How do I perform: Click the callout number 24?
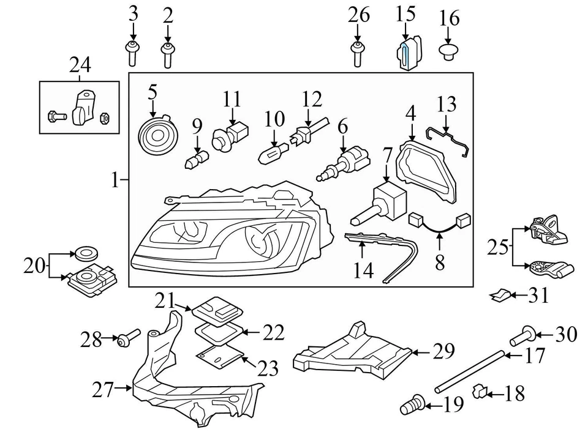[80, 65]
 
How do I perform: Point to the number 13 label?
[447, 105]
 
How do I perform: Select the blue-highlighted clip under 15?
[407, 53]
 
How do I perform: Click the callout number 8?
[440, 264]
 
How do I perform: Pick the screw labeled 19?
[413, 406]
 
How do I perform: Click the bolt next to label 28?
[128, 337]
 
